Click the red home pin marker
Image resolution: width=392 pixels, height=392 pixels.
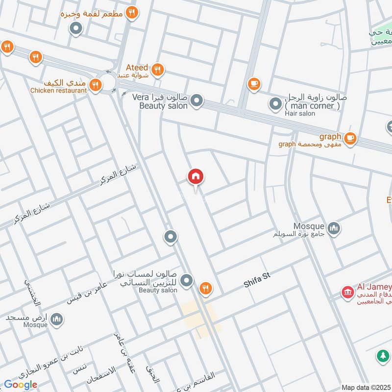coord(196,177)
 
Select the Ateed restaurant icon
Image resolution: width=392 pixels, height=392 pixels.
coord(157,70)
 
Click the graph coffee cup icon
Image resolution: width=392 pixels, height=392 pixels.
coord(349,139)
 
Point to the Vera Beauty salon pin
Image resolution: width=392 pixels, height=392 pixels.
coord(196,101)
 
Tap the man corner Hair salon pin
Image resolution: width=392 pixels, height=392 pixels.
coord(274,104)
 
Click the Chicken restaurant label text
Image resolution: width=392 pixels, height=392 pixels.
coord(58,91)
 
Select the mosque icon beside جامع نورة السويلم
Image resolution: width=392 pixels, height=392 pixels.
coord(335,228)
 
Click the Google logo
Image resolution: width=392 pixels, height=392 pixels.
coord(21,385)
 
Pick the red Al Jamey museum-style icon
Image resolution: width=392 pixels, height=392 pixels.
coord(348,293)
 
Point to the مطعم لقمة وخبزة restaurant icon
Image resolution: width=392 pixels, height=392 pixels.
coord(131,13)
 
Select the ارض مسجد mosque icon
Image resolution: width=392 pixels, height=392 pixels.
coord(57,319)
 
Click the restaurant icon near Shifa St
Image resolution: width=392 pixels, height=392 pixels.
coord(206,289)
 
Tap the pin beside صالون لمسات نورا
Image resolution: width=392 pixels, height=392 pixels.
coord(186,281)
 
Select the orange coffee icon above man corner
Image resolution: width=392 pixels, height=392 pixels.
coord(253,84)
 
